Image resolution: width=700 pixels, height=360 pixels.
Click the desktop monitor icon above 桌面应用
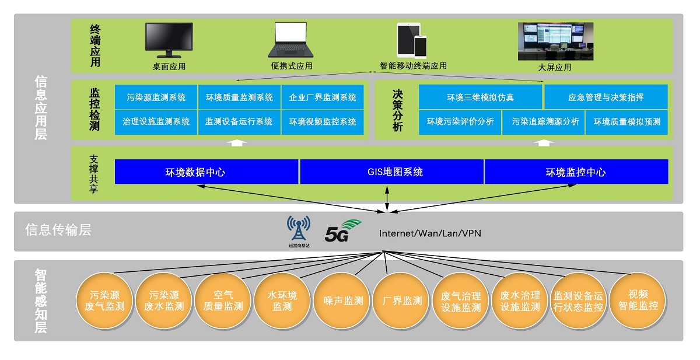click(169, 40)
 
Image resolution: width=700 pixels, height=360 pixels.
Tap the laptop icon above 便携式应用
click(290, 40)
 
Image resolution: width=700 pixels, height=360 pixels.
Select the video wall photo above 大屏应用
click(555, 41)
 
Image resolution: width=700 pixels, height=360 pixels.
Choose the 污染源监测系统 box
click(156, 97)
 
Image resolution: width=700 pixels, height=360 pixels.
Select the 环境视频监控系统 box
click(323, 122)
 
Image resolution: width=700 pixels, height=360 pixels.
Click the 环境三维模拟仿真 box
click(481, 97)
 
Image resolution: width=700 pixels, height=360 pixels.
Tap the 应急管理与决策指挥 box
click(605, 97)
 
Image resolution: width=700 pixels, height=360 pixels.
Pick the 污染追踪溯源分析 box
click(543, 122)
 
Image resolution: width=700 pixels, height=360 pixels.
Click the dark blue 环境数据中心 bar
click(206, 172)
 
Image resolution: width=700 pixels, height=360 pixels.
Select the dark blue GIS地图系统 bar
click(391, 172)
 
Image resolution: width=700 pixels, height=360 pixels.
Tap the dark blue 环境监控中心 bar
click(576, 172)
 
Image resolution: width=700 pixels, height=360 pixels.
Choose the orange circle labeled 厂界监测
click(402, 301)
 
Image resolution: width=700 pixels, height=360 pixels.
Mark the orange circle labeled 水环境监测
click(282, 301)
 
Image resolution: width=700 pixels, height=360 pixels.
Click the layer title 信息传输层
click(58, 230)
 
